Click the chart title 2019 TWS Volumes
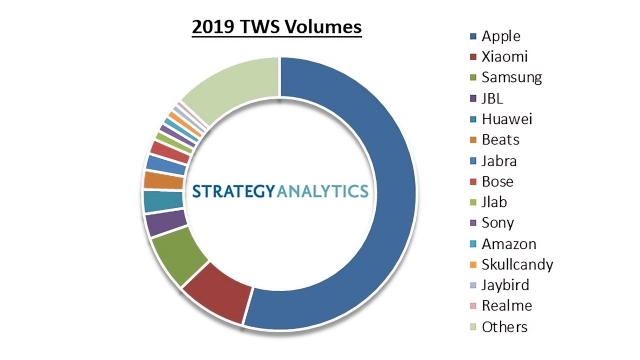pos(277,26)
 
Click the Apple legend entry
pos(501,35)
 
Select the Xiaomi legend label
pos(505,56)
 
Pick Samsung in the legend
pos(511,77)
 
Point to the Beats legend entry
pos(500,139)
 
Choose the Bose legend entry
pos(498,181)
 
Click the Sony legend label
pos(497,222)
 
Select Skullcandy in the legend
pos(516,264)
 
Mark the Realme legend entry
pos(506,305)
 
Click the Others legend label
pos(504,326)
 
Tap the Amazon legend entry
pos(508,243)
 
